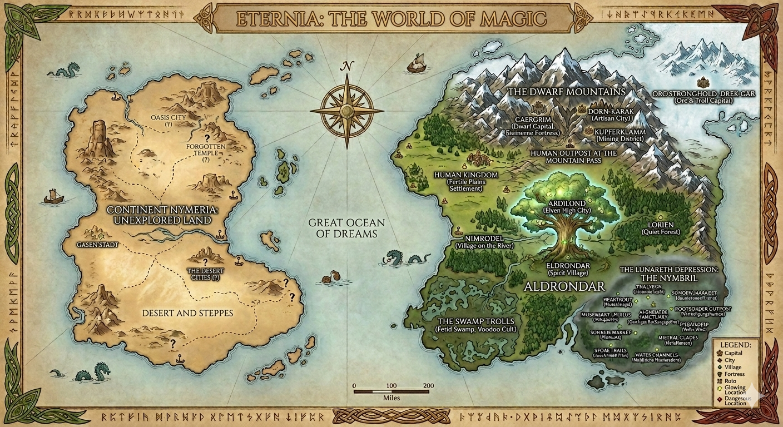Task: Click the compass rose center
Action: tap(347, 111)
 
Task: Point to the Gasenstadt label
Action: tap(98, 245)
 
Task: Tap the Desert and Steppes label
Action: tap(187, 313)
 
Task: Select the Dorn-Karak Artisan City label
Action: tap(610, 115)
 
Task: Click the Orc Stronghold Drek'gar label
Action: tap(703, 97)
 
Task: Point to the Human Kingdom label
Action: tap(465, 181)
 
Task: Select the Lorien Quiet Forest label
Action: tap(661, 228)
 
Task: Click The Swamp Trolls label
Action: tap(476, 325)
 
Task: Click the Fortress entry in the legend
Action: tap(735, 374)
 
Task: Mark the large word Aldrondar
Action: tap(565, 287)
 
